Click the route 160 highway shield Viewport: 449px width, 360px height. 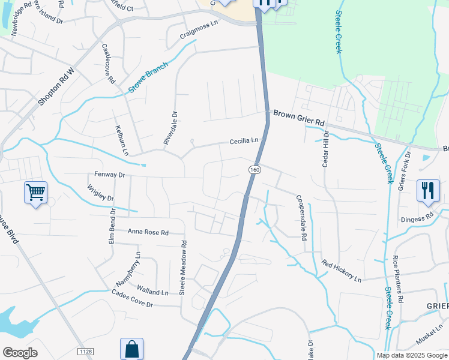tap(255, 170)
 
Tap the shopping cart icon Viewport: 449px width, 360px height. tap(35, 193)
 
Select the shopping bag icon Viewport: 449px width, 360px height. tap(131, 349)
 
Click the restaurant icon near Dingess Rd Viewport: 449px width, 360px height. tap(428, 191)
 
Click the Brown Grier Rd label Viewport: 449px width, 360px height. tap(298, 118)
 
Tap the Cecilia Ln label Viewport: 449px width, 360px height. tap(244, 142)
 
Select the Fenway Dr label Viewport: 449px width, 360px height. tap(109, 175)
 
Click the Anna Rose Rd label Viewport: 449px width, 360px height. tap(148, 232)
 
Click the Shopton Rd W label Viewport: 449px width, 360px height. tap(55, 88)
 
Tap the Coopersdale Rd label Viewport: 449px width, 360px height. tap(300, 217)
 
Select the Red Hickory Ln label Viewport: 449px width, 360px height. tap(341, 271)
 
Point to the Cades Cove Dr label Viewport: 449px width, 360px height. tap(133, 298)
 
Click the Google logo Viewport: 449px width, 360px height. tap(20, 353)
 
